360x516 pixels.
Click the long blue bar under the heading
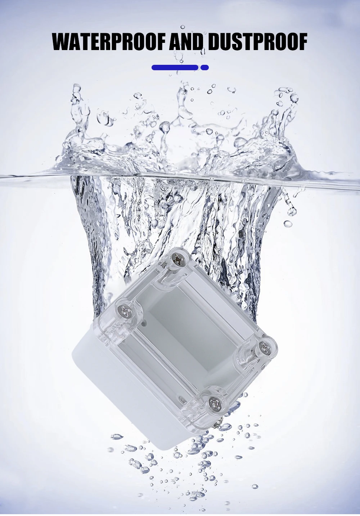point(175,67)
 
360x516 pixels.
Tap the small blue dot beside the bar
point(205,67)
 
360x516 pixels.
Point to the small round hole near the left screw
point(144,323)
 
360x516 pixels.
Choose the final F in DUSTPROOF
point(302,42)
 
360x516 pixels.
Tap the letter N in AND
point(187,42)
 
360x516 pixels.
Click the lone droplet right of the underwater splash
point(288,224)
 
